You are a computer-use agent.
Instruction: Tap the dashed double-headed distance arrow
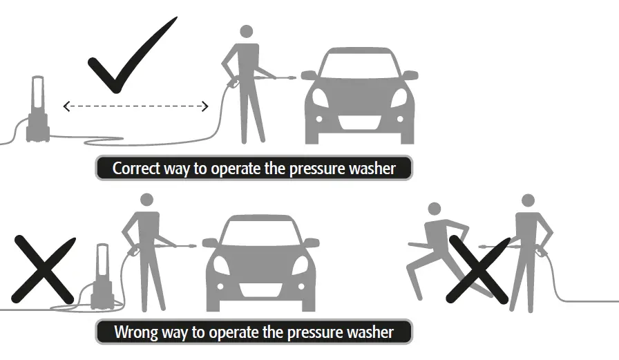click(x=135, y=106)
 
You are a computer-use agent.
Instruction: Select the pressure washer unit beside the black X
click(x=102, y=276)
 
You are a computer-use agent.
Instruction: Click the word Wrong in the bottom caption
click(x=136, y=332)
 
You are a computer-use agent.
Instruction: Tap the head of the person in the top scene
click(x=246, y=32)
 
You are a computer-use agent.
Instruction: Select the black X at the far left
click(x=42, y=269)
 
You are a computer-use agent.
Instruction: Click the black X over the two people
click(x=478, y=269)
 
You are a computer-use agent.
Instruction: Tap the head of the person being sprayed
click(x=434, y=209)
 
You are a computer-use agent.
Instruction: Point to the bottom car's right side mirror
click(x=312, y=243)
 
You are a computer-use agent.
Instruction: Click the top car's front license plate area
click(x=359, y=122)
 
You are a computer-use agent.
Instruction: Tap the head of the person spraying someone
click(x=528, y=200)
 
